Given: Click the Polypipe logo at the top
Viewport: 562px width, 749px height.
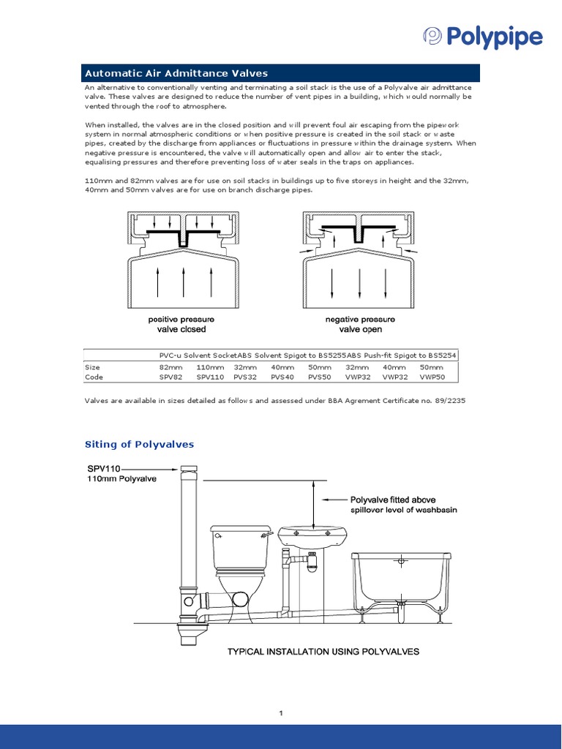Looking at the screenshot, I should pyautogui.click(x=483, y=37).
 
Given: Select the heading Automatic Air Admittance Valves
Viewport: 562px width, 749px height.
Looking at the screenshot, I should pyautogui.click(x=176, y=73).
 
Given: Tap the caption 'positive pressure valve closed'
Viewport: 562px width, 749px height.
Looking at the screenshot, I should pyautogui.click(x=181, y=325).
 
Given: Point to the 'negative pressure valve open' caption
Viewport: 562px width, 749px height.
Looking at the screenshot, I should pyautogui.click(x=360, y=325).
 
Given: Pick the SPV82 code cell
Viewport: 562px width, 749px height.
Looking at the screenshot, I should pyautogui.click(x=171, y=377).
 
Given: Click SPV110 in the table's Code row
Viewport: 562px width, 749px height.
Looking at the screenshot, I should pyautogui.click(x=209, y=377).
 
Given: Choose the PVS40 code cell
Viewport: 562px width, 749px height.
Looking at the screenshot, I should pyautogui.click(x=282, y=377).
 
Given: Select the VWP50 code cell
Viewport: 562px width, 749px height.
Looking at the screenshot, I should pyautogui.click(x=432, y=377).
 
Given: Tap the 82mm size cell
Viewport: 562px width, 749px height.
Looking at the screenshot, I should pyautogui.click(x=171, y=367).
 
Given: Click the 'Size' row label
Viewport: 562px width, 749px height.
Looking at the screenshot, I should pyautogui.click(x=93, y=367).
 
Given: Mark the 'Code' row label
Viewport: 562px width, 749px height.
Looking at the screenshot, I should pyautogui.click(x=94, y=377).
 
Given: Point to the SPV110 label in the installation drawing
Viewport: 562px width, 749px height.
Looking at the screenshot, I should pyautogui.click(x=104, y=468).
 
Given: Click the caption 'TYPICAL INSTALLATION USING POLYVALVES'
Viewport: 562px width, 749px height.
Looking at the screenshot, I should pyautogui.click(x=323, y=651).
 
